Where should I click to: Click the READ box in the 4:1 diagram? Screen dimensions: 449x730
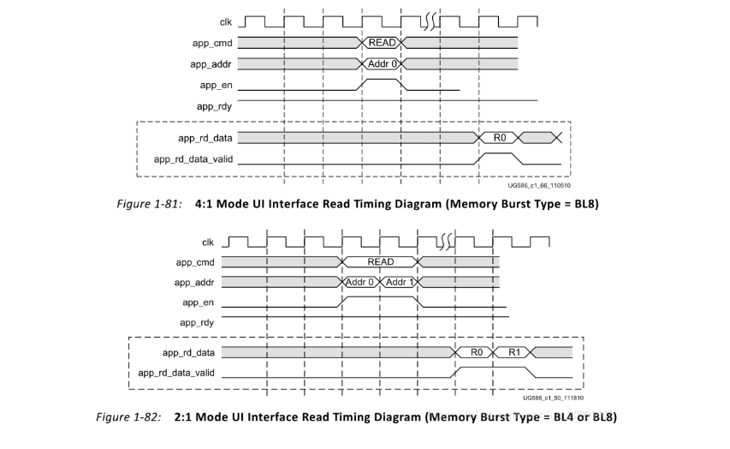382,42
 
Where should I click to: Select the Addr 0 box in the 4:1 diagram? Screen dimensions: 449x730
382,63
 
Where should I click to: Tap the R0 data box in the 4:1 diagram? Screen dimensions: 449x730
500,137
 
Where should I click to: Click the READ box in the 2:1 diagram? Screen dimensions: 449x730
380,261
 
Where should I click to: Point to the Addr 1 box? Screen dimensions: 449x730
400,283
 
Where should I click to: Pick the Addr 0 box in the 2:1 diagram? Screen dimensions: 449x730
360,283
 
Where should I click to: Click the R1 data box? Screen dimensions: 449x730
513,352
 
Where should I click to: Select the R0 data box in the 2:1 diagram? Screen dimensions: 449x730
476,352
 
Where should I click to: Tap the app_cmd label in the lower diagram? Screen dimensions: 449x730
194,261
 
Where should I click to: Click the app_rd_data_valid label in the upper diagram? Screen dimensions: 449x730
193,159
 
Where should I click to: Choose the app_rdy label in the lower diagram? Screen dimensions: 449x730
197,322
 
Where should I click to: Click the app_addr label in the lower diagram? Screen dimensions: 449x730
194,282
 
